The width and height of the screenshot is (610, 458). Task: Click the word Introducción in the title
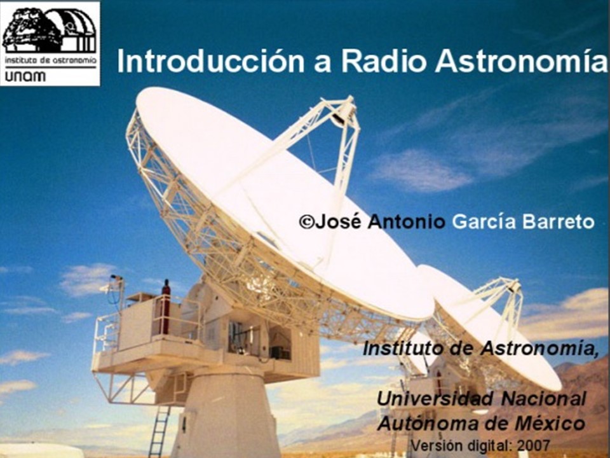pos(210,61)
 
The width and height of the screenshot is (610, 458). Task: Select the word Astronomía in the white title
pos(521,61)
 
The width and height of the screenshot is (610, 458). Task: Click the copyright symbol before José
pos(306,222)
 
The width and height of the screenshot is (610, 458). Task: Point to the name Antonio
pos(406,221)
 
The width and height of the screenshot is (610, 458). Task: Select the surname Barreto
pos(558,222)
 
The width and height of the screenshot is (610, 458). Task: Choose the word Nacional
pos(543,398)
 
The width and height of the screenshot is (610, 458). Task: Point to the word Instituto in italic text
pos(402,348)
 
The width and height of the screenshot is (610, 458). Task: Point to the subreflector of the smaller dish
pos(514,287)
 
